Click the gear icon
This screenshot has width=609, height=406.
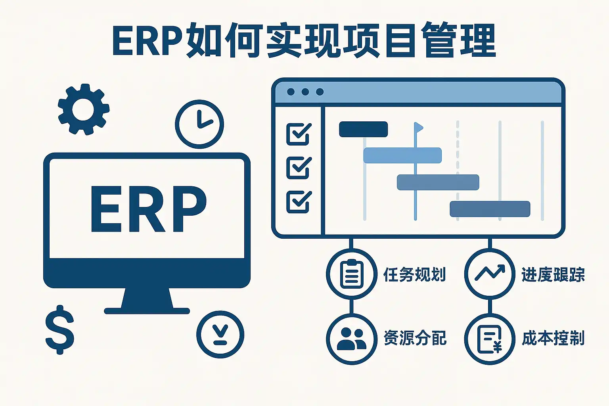coord(84,109)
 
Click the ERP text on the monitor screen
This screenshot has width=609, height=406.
coord(149,209)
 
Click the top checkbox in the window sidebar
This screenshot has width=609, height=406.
coord(299,134)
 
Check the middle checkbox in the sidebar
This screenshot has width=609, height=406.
coord(299,168)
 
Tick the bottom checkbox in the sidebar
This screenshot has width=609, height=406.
coord(299,202)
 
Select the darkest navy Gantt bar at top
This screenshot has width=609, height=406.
coord(363,129)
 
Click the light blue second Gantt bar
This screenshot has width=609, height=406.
coord(402,155)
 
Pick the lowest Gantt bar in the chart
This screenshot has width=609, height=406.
coord(490,209)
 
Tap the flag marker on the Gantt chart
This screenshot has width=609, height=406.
coord(418,127)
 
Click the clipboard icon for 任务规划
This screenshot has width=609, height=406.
coord(352,274)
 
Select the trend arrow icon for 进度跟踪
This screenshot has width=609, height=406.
coord(490,272)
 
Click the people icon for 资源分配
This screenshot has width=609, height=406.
coord(352,339)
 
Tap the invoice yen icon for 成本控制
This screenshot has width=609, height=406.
coord(490,339)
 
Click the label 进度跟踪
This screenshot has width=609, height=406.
coord(553,275)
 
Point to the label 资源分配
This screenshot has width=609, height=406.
coord(415,338)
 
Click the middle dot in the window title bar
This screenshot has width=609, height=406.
coord(305,92)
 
